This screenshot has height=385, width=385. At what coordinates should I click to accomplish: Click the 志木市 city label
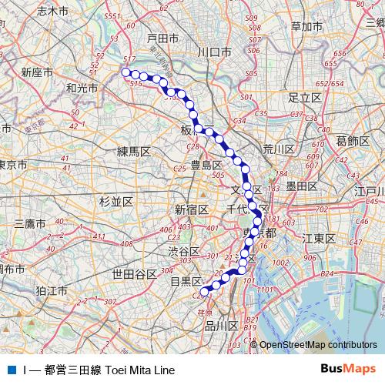click(x=52, y=11)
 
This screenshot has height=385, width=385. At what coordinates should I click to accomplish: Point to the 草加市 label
click(x=306, y=27)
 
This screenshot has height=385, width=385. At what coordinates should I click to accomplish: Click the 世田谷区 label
click(x=134, y=273)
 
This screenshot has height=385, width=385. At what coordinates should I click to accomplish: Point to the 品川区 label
click(x=222, y=326)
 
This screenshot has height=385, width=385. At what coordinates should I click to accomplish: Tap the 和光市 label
click(x=82, y=89)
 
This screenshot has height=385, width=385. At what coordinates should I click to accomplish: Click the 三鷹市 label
click(x=29, y=223)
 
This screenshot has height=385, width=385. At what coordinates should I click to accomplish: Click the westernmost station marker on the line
click(x=126, y=72)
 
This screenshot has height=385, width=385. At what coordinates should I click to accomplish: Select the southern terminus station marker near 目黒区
click(x=206, y=290)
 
